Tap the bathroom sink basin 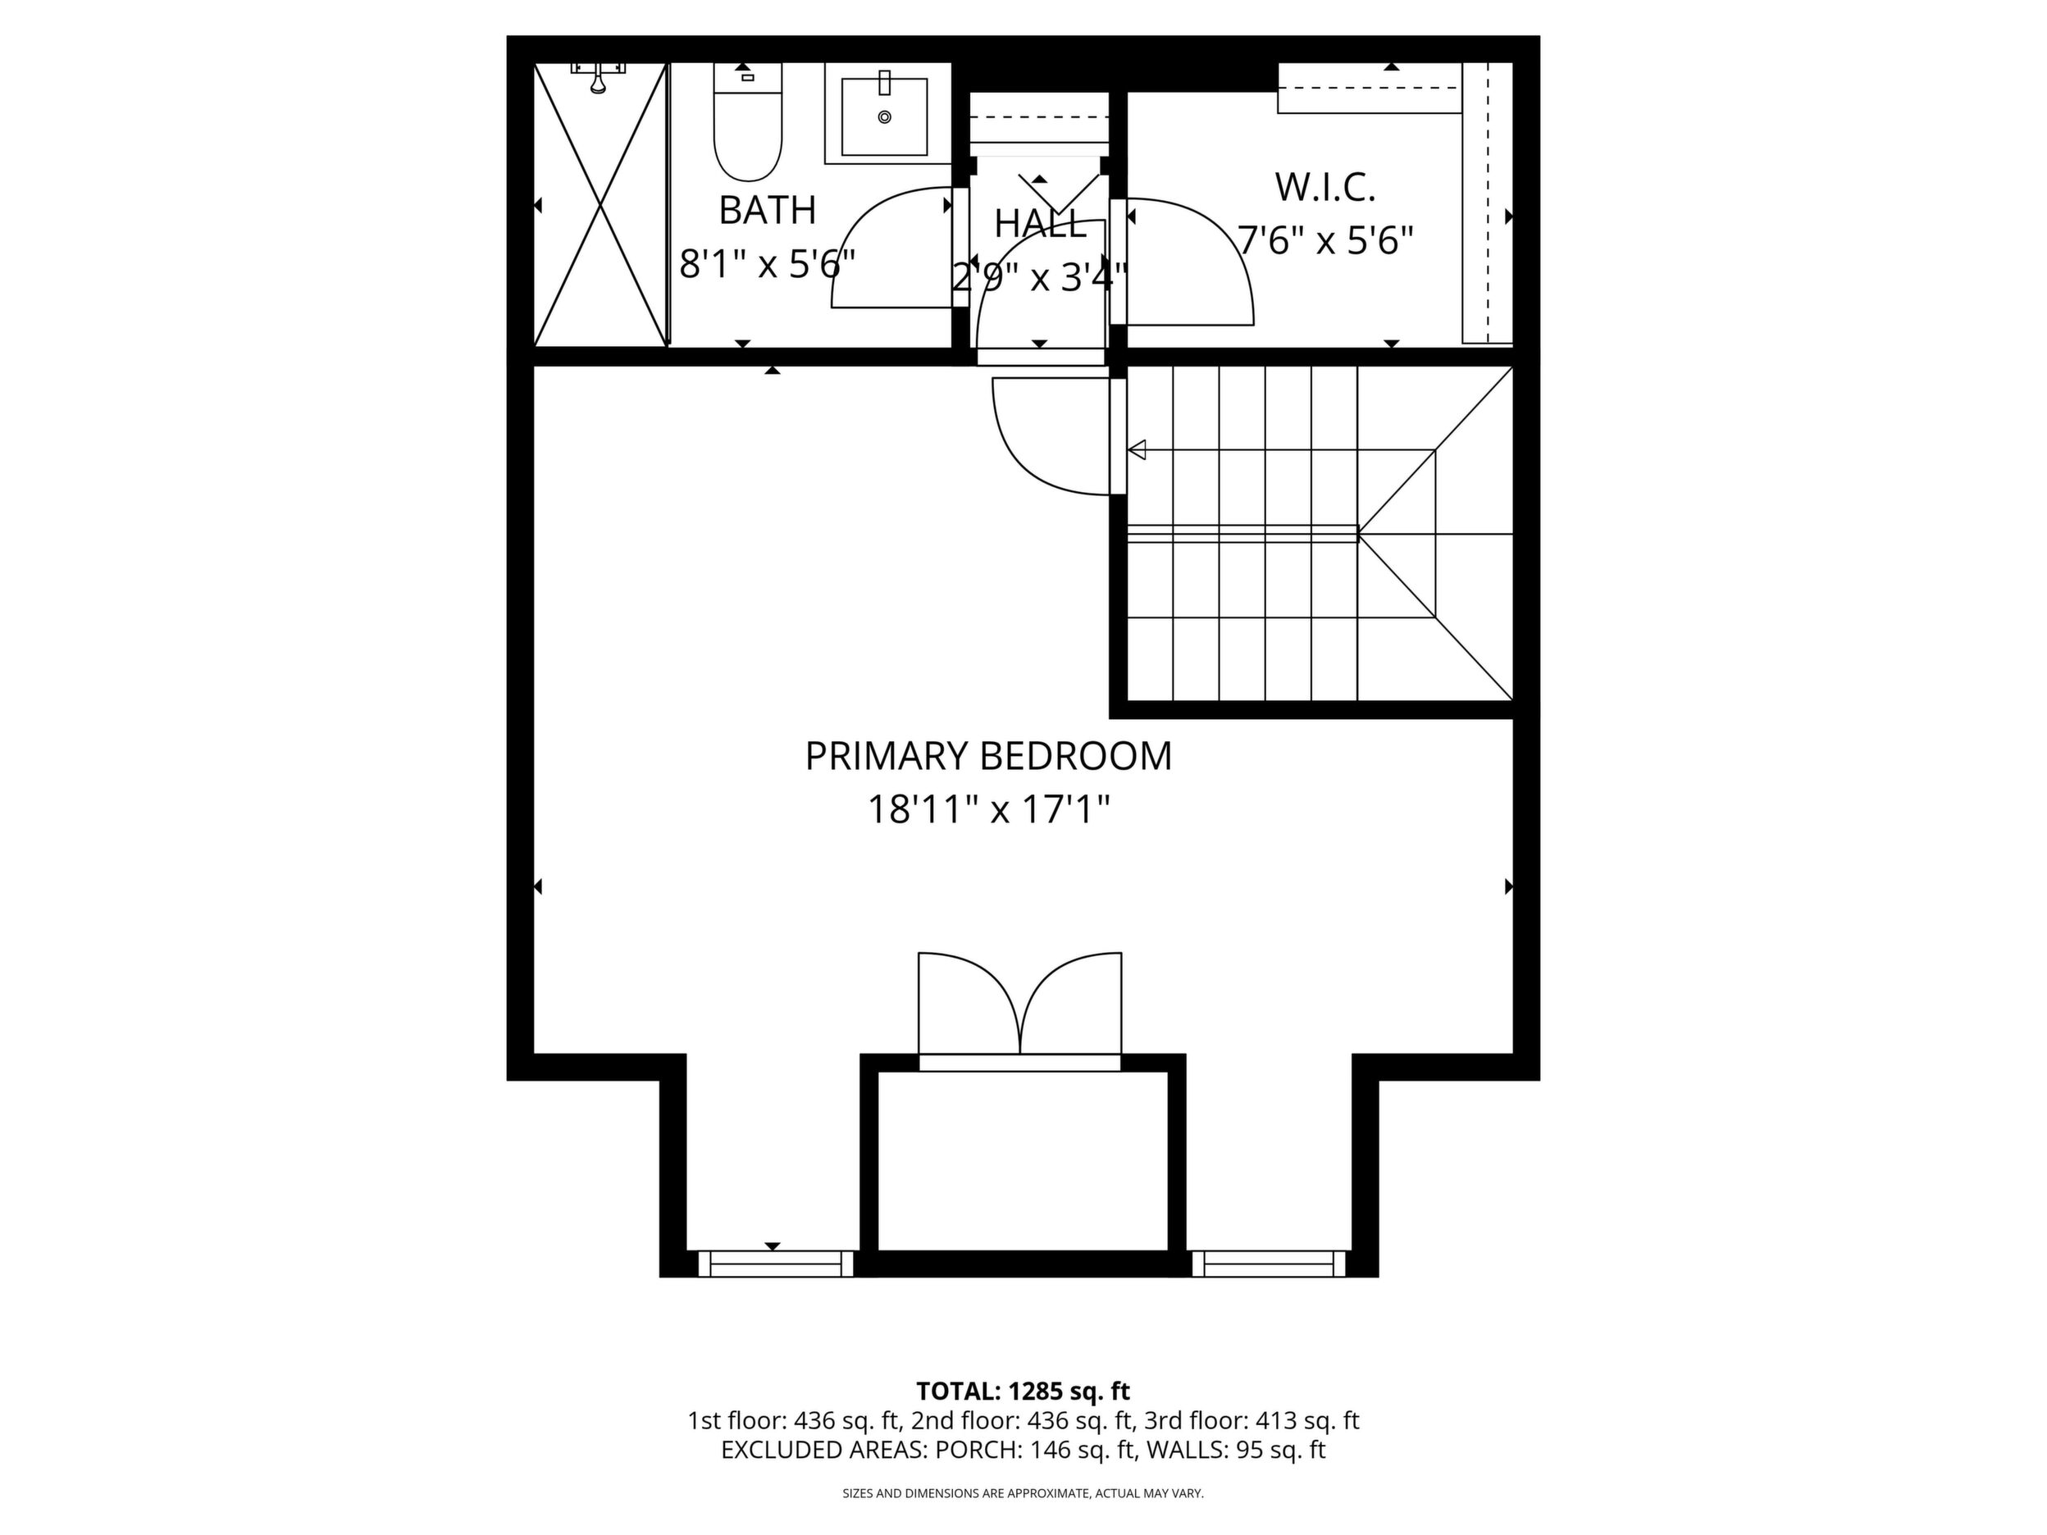[884, 116]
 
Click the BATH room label [767, 210]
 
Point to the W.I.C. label [1325, 188]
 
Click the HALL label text [1040, 223]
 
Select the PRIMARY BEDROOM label [987, 756]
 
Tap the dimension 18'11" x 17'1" [987, 810]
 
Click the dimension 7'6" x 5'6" [1326, 242]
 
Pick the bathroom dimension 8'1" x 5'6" [767, 265]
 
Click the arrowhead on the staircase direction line [1137, 451]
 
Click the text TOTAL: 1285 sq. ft [1023, 1391]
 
